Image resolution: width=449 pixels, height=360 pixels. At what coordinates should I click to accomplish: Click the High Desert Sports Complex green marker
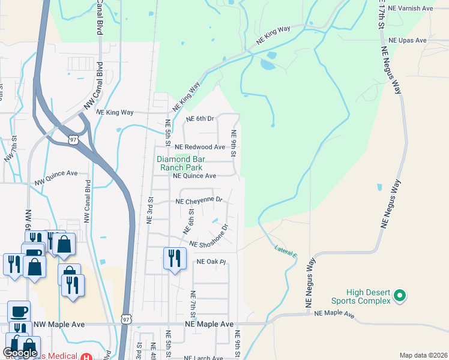399,296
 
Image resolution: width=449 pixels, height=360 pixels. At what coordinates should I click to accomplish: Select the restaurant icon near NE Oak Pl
174,259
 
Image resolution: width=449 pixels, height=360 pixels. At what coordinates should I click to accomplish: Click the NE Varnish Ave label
411,8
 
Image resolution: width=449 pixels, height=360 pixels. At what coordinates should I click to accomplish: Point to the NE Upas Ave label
407,40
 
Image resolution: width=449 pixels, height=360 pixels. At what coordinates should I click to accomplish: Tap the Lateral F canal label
286,250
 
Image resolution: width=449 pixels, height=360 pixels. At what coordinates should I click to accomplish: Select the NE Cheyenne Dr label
199,200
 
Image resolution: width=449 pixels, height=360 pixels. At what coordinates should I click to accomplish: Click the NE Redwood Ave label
200,147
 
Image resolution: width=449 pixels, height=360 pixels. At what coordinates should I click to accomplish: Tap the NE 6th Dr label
200,119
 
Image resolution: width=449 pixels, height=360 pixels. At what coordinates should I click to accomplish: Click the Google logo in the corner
20,353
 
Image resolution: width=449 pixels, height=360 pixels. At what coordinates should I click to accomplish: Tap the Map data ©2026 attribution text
423,355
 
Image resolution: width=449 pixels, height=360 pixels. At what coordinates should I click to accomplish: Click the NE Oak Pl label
210,262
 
